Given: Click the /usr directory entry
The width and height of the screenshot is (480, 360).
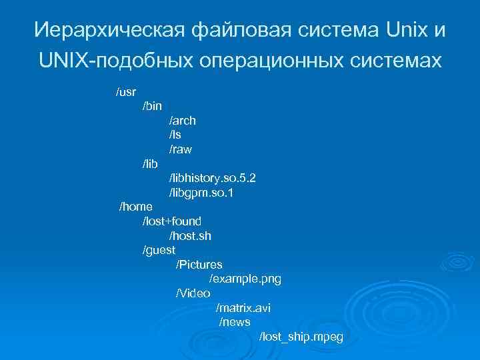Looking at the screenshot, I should tap(126, 91).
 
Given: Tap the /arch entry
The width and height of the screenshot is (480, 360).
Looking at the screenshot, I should tap(182, 121).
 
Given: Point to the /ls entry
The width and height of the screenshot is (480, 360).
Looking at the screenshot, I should tap(175, 135).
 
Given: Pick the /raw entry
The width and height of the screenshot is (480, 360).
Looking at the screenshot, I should tap(180, 150).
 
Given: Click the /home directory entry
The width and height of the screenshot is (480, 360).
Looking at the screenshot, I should tap(135, 207).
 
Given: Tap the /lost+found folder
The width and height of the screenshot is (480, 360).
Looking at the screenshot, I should tap(172, 221).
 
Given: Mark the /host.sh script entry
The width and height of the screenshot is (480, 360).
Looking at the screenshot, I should tap(190, 236).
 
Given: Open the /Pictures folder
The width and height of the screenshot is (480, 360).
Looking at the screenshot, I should tap(199, 265).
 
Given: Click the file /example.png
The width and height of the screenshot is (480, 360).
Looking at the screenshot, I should tap(245, 279).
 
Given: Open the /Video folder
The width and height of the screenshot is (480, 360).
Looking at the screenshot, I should tap(193, 293).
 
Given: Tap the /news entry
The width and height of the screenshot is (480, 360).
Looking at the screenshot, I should tap(235, 322).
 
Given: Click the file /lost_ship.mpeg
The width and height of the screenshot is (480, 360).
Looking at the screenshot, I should tap(301, 337).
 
